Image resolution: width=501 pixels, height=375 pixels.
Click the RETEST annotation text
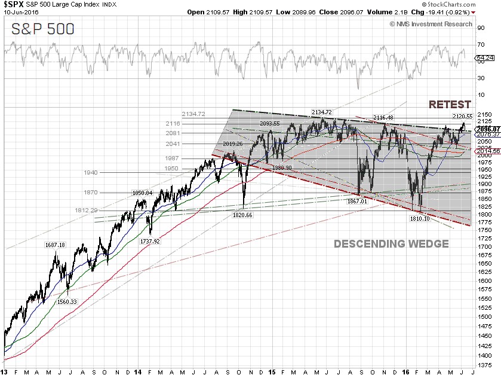click(450, 105)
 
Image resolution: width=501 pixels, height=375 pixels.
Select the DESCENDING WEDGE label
click(391, 244)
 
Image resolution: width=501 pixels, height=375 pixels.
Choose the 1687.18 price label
click(54, 245)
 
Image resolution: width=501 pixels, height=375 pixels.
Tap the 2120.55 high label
click(462, 116)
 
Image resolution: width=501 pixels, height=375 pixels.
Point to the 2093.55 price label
click(269, 123)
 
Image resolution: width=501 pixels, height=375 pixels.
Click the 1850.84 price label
click(143, 193)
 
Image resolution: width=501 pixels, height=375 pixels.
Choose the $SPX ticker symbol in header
click(14, 4)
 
